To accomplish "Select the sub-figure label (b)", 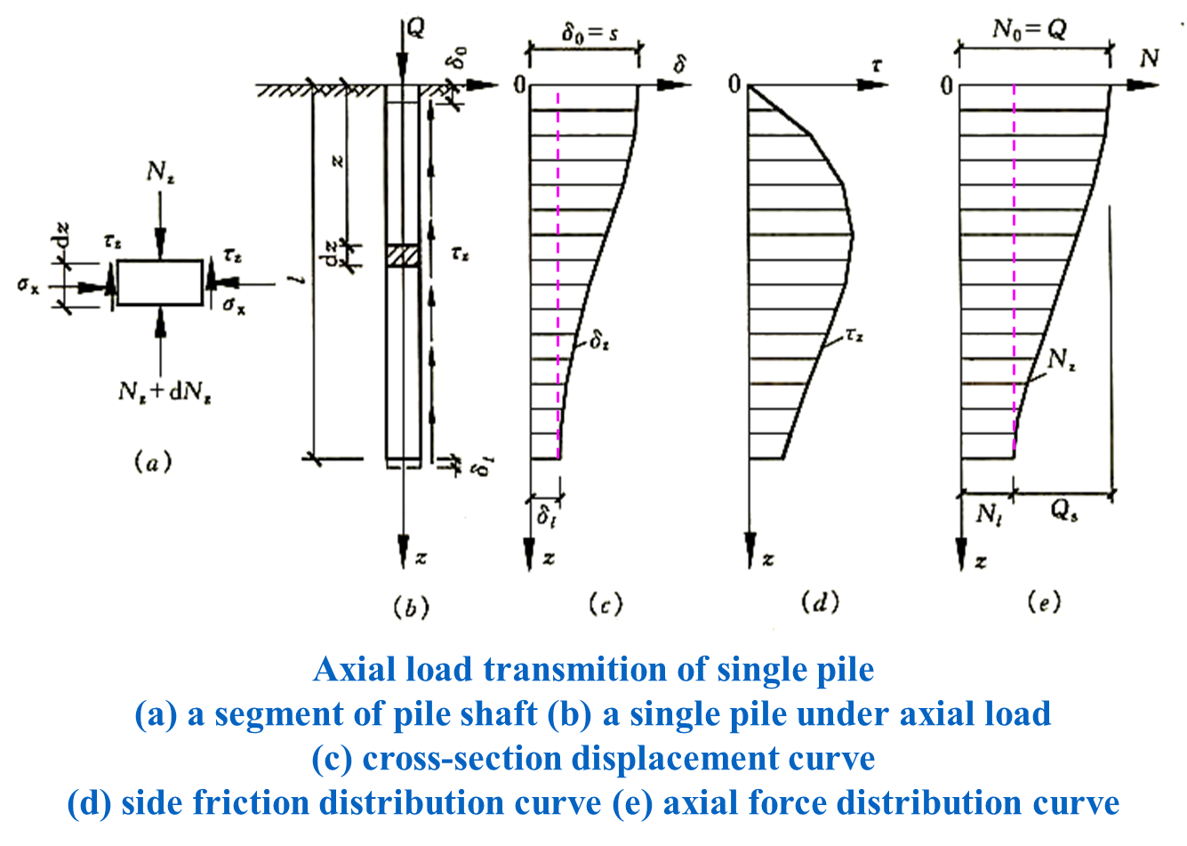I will click(x=410, y=608).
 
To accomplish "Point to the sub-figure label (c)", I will click(x=605, y=604).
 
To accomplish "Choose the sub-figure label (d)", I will click(x=820, y=603).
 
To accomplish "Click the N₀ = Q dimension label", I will click(x=1029, y=30).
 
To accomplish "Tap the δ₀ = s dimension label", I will click(x=589, y=35).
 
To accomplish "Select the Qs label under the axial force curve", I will click(x=1063, y=513).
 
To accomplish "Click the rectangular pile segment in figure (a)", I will click(x=160, y=283).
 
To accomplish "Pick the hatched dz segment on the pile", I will click(x=402, y=254).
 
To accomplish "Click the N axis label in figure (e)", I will click(x=1149, y=59).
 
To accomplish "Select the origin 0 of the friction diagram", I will click(x=734, y=85).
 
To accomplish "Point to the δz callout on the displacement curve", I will click(x=600, y=340).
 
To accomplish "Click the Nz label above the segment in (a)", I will click(x=160, y=173).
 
